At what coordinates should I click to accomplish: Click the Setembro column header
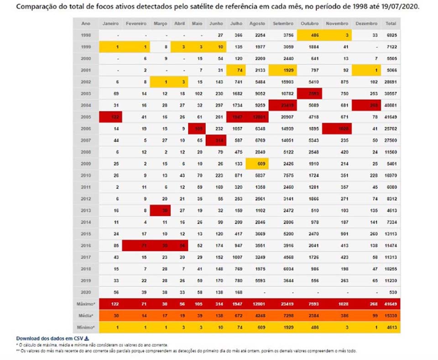(282, 23)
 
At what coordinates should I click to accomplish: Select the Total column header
(391, 23)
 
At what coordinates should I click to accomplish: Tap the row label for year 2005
(86, 117)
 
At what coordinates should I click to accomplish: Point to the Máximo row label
(86, 303)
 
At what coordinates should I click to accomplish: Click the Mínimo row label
(86, 327)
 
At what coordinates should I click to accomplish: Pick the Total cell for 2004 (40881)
(391, 105)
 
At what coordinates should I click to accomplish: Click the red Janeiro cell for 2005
(111, 117)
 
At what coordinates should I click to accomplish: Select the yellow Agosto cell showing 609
(257, 164)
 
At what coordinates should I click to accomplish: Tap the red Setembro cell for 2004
(282, 105)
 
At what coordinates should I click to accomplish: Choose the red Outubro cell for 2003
(310, 94)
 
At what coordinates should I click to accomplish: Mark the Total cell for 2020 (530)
(391, 292)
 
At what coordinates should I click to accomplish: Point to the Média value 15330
(391, 315)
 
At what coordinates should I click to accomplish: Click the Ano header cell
(86, 23)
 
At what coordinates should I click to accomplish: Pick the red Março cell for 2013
(160, 210)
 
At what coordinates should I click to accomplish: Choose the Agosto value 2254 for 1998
(257, 35)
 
